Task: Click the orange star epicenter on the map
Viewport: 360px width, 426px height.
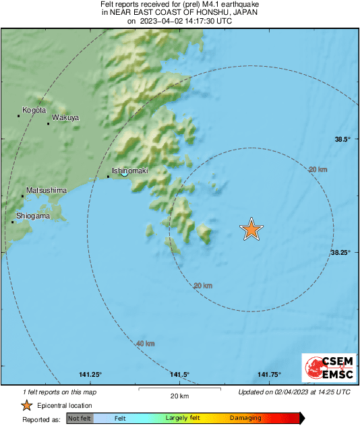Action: tap(251, 229)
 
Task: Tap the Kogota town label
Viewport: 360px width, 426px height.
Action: tap(34, 110)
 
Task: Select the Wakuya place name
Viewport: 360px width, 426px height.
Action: tap(65, 118)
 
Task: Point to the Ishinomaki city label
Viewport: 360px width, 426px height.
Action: tap(129, 171)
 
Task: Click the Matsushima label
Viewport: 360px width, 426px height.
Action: tap(47, 191)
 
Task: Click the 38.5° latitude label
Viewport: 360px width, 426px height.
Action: tap(342, 139)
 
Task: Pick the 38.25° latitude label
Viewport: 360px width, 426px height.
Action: tap(340, 252)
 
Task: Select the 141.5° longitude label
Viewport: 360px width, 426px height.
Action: tap(179, 375)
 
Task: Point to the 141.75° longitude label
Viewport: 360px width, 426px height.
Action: tap(269, 375)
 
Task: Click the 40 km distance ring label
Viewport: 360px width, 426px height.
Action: tap(145, 344)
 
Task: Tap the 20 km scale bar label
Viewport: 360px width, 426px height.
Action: tap(179, 396)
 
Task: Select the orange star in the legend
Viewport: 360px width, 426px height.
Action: tap(26, 405)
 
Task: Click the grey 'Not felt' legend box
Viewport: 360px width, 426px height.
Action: tap(78, 418)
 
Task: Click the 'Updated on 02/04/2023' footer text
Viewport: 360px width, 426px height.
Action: tap(294, 392)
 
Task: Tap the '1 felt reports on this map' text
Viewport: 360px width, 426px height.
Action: tap(59, 392)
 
